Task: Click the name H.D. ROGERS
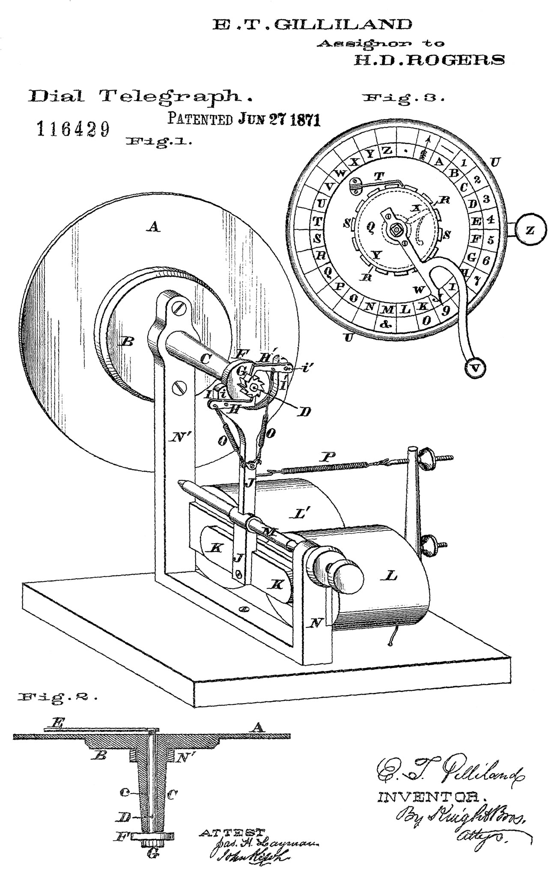(x=429, y=60)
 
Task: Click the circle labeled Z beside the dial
(x=530, y=231)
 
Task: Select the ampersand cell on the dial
(x=386, y=324)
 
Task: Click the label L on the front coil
(x=391, y=577)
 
